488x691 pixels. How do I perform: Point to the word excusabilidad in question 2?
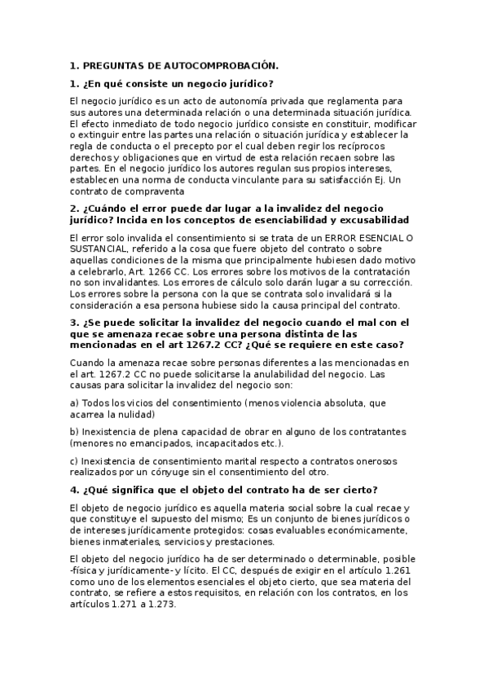point(369,220)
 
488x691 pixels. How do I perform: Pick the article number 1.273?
point(156,605)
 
